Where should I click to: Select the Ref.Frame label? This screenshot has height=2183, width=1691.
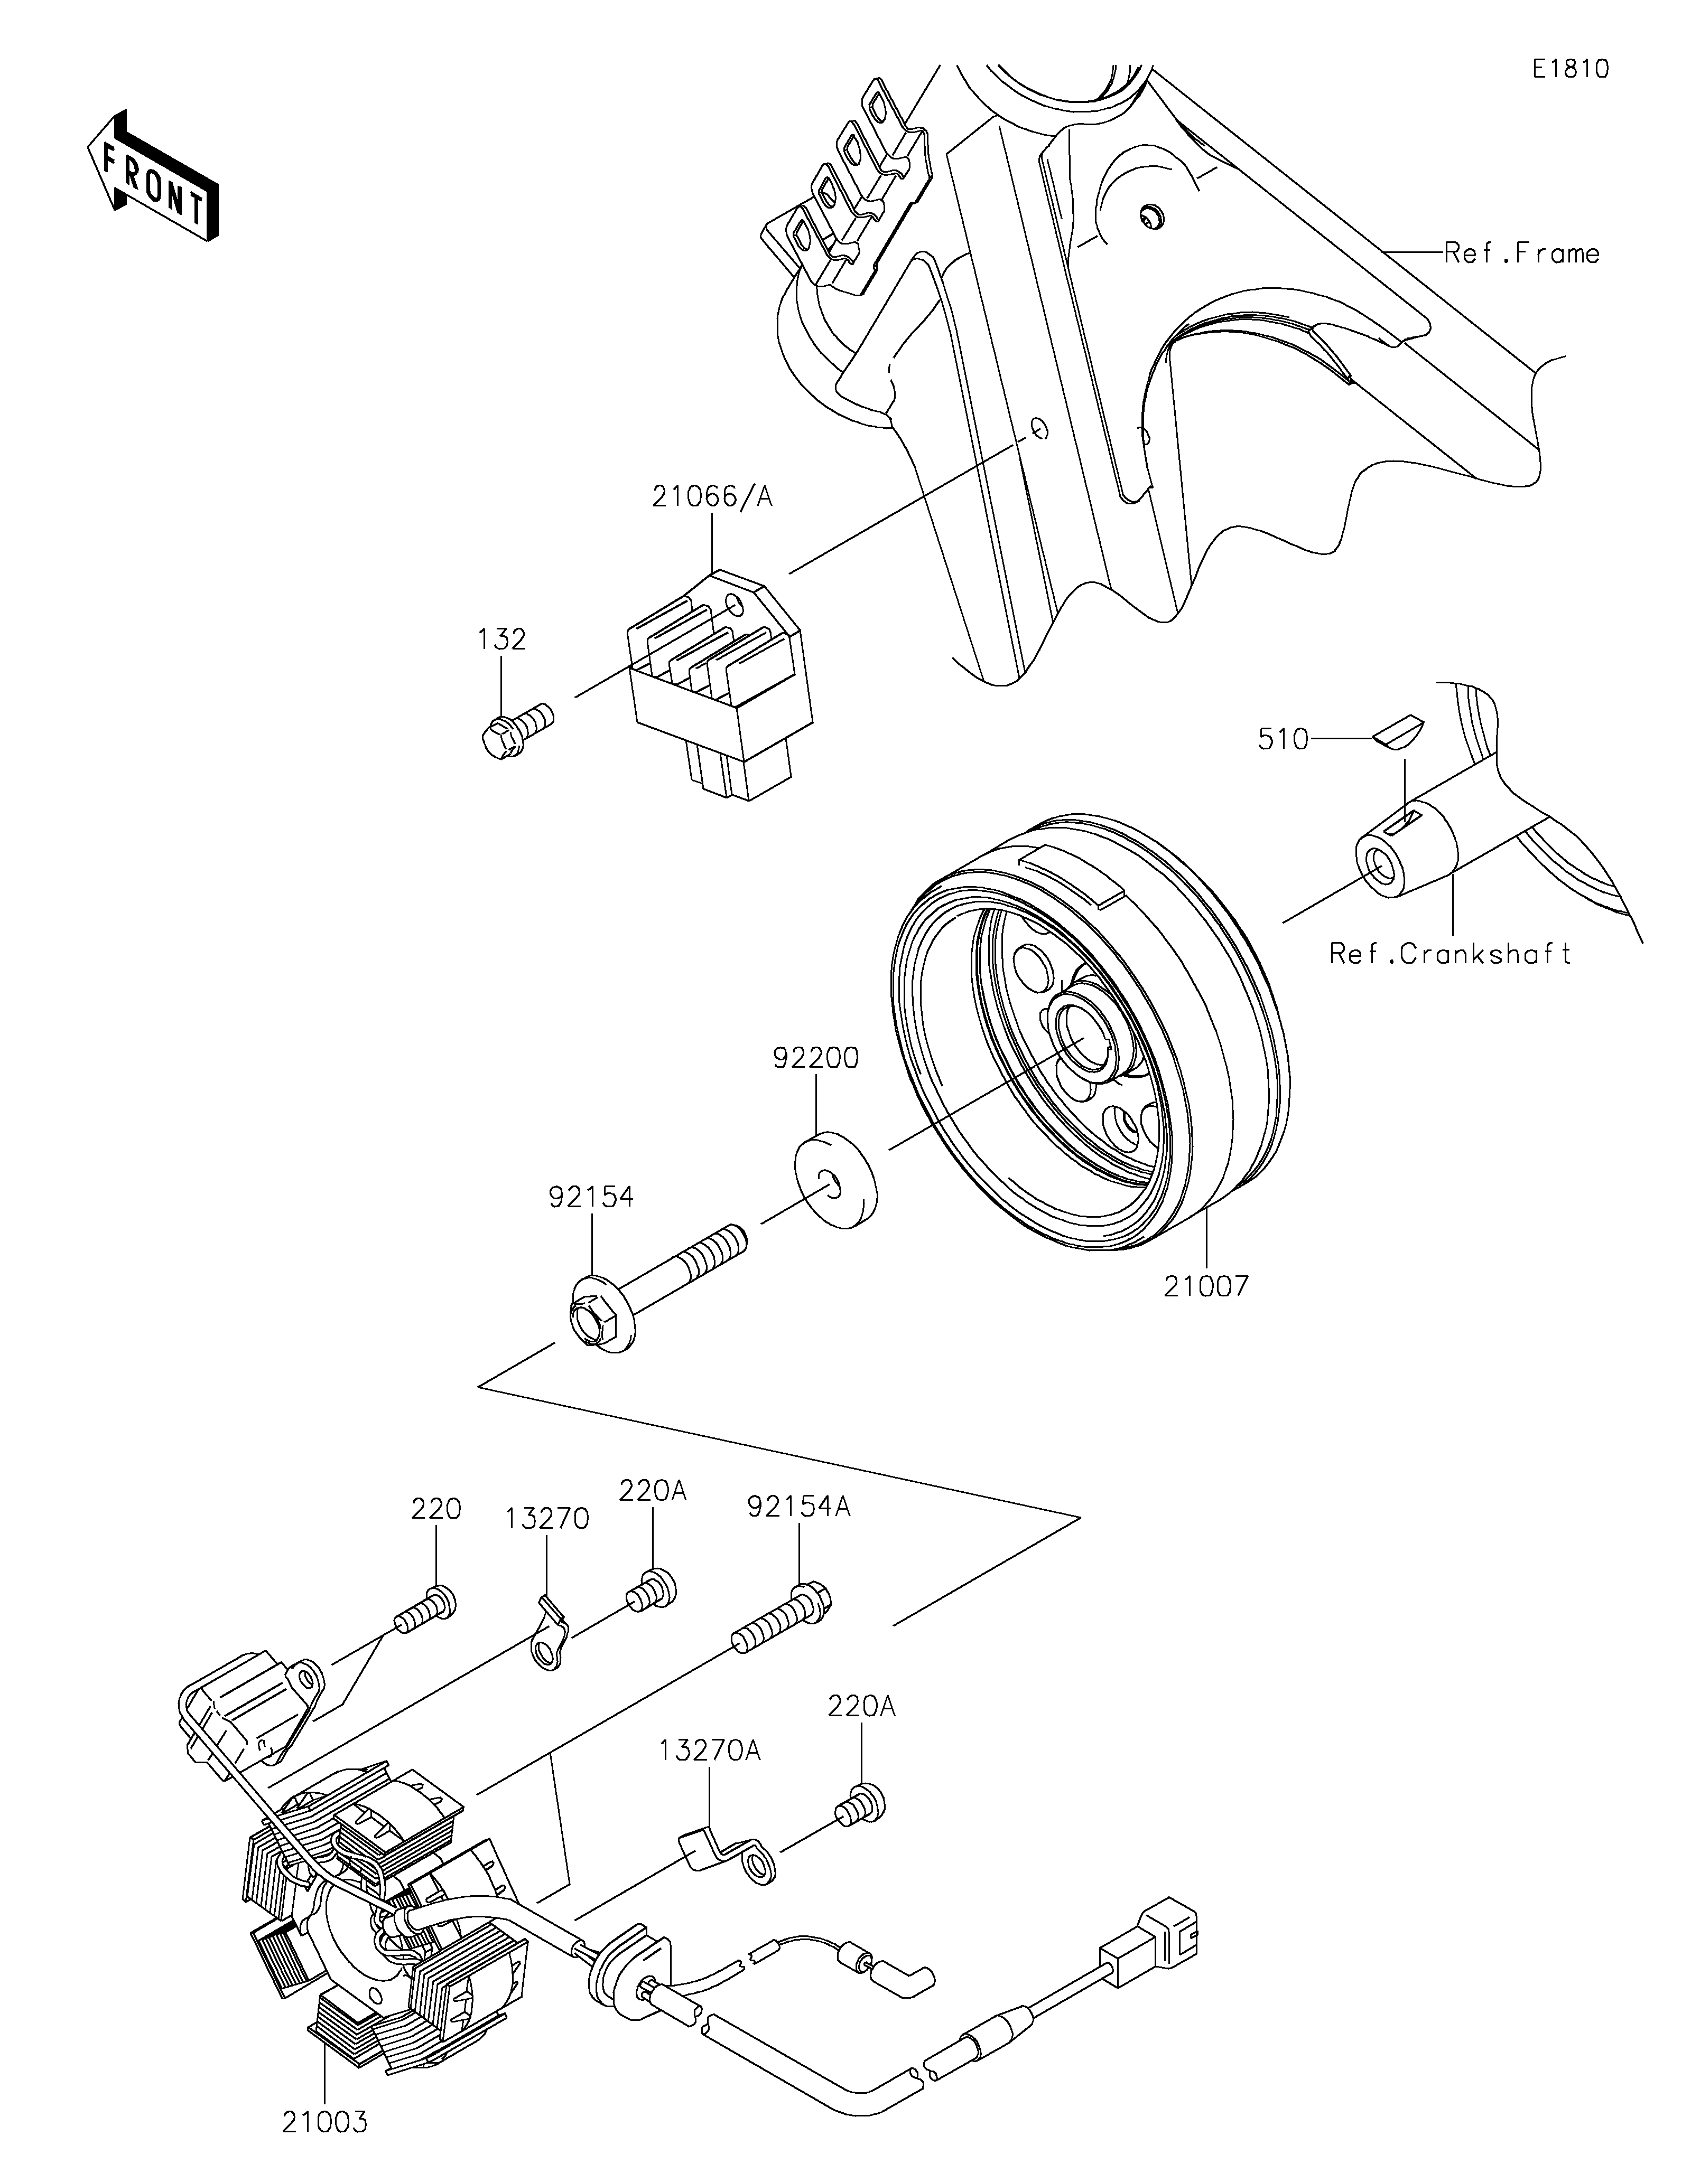1522,254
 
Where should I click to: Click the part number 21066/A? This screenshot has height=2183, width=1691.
712,497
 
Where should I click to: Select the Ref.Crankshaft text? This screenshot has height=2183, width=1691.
1450,955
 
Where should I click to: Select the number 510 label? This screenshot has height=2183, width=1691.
1283,740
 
